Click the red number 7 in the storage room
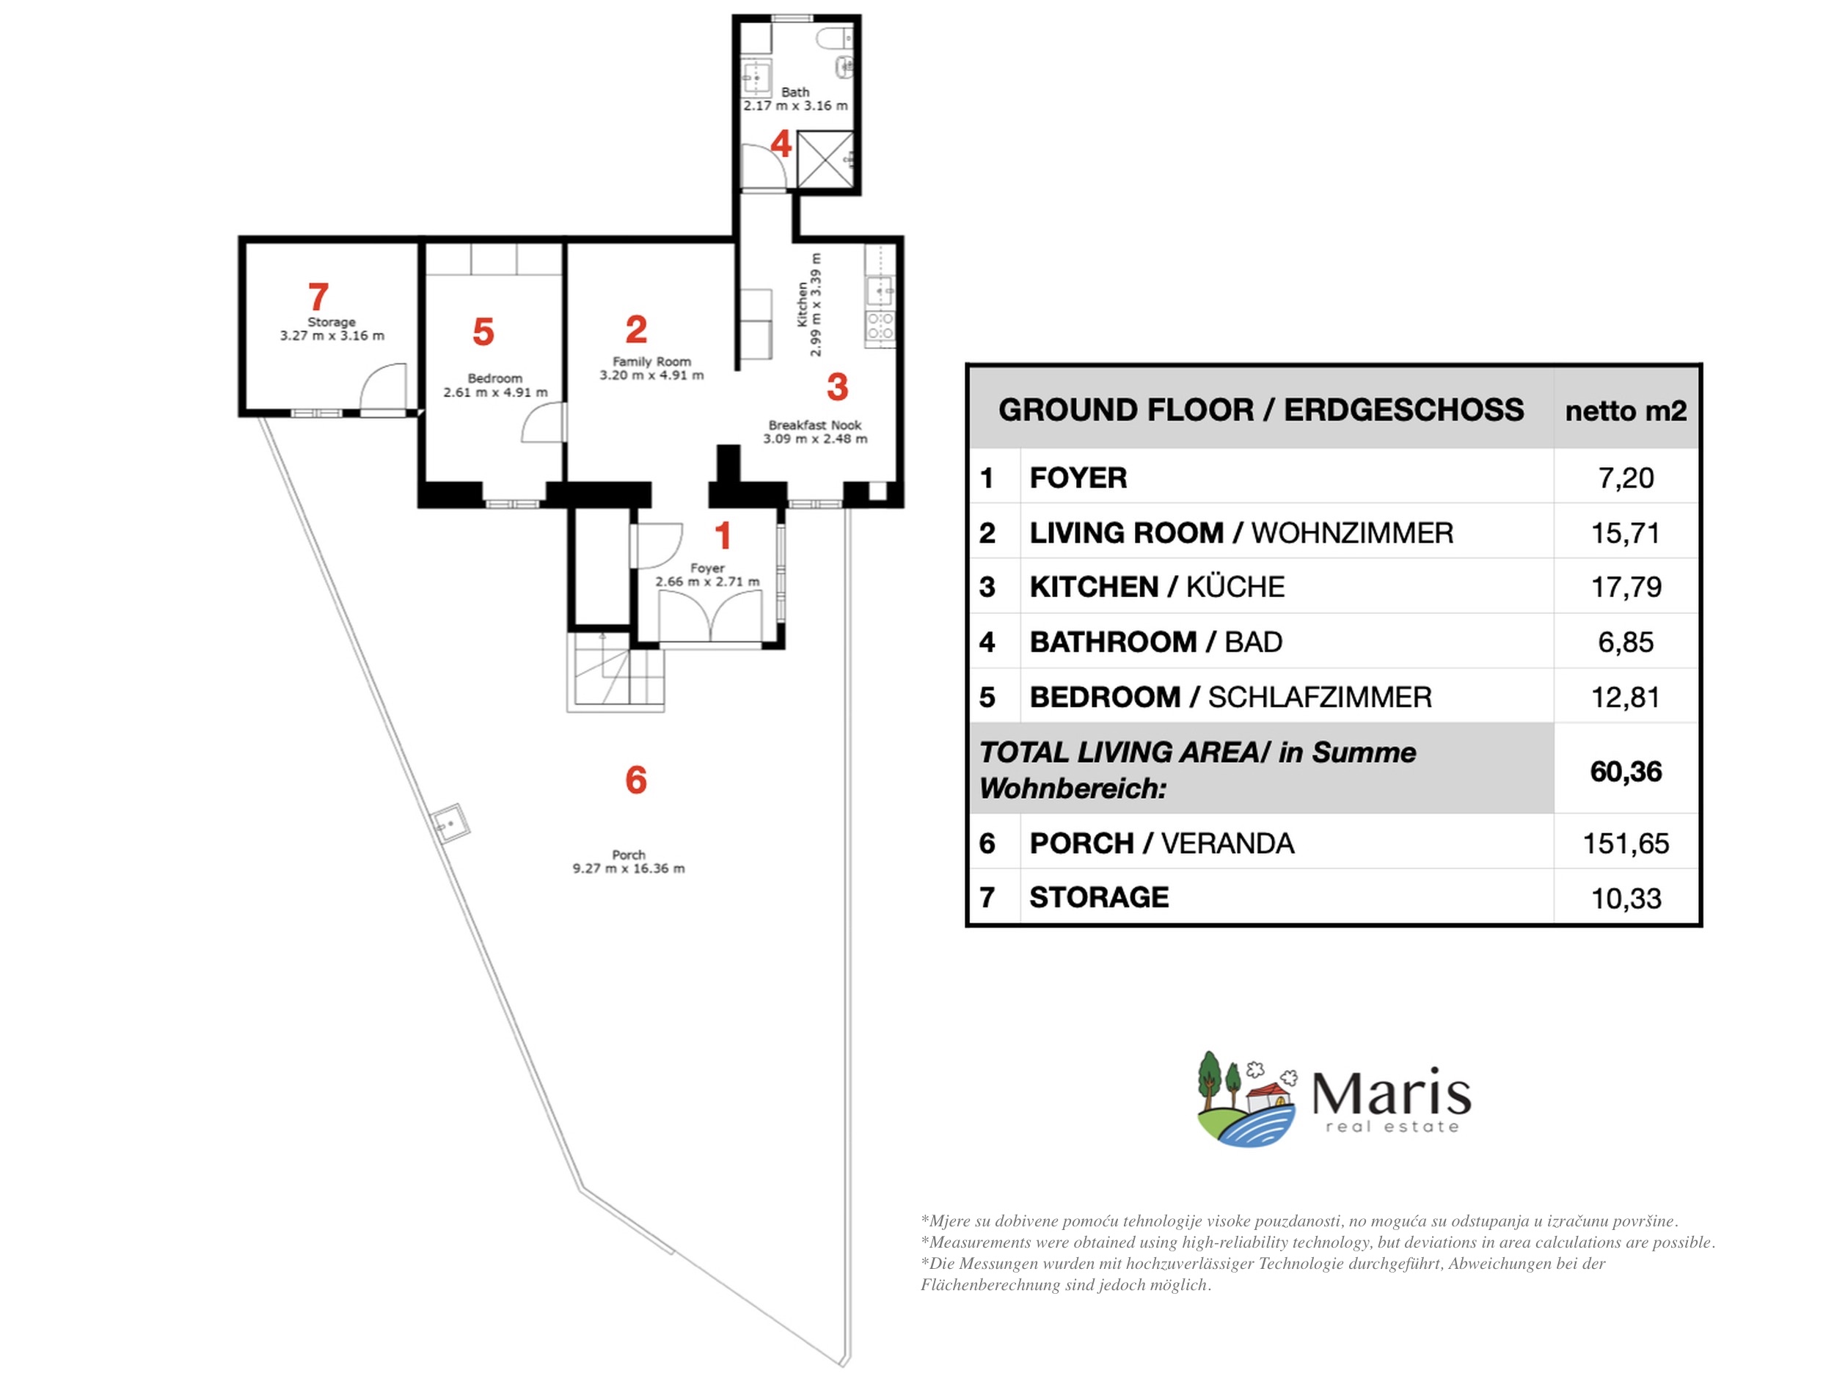click(318, 297)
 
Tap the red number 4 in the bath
click(781, 144)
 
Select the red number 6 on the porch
click(636, 780)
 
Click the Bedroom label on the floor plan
click(495, 378)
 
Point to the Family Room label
click(651, 362)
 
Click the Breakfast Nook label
click(815, 425)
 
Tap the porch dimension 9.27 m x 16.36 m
click(629, 868)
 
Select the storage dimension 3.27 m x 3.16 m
click(332, 336)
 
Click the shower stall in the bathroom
click(825, 159)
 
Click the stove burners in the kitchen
click(880, 326)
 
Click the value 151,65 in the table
click(1625, 843)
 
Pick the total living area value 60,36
click(1626, 772)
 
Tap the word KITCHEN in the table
click(1094, 587)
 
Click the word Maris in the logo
click(1391, 1094)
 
